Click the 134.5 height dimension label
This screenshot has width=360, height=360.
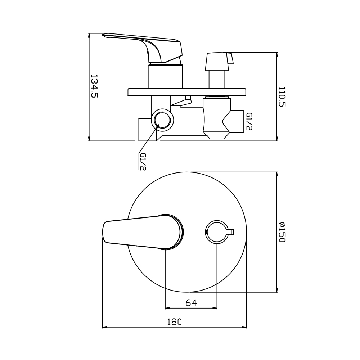coord(94,86)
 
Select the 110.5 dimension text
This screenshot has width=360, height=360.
coord(282,97)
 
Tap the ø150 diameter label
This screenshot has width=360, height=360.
coord(282,232)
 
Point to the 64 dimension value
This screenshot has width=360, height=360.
coord(191,303)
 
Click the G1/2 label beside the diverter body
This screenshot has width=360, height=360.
coord(249,121)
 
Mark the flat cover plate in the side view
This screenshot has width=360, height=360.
coord(187,92)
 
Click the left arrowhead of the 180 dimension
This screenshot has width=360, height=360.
coord(105,327)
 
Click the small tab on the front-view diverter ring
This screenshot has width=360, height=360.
coord(231,231)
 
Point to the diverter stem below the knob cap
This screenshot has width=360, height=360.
coord(217,78)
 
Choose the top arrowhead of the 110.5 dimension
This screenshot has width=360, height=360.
coord(276,55)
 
